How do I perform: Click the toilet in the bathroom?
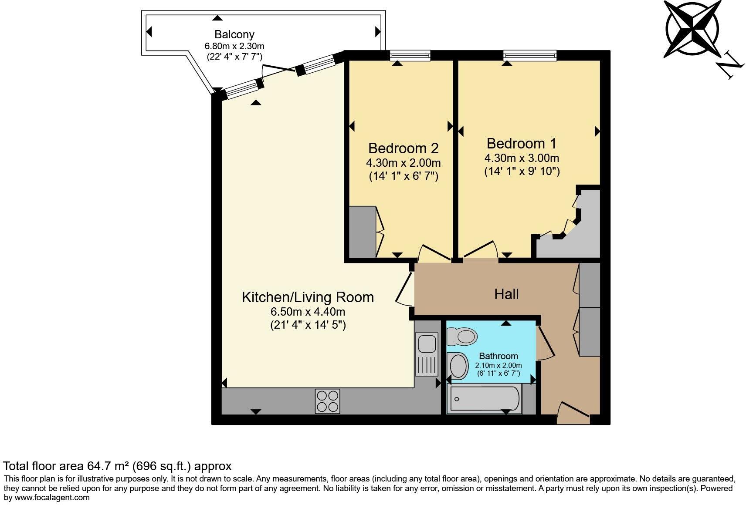(462, 337)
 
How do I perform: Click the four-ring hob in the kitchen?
(327, 401)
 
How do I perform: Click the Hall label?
(506, 294)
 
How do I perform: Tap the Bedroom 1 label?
(522, 143)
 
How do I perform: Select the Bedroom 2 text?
(403, 148)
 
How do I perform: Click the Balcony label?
(234, 34)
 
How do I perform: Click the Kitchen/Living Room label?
(308, 297)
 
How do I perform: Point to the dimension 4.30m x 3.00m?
(522, 158)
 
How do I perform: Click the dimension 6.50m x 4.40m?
(308, 312)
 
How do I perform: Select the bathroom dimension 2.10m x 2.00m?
(498, 366)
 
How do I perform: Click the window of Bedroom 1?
(530, 55)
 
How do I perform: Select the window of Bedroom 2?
(410, 55)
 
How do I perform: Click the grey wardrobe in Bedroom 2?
(363, 232)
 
